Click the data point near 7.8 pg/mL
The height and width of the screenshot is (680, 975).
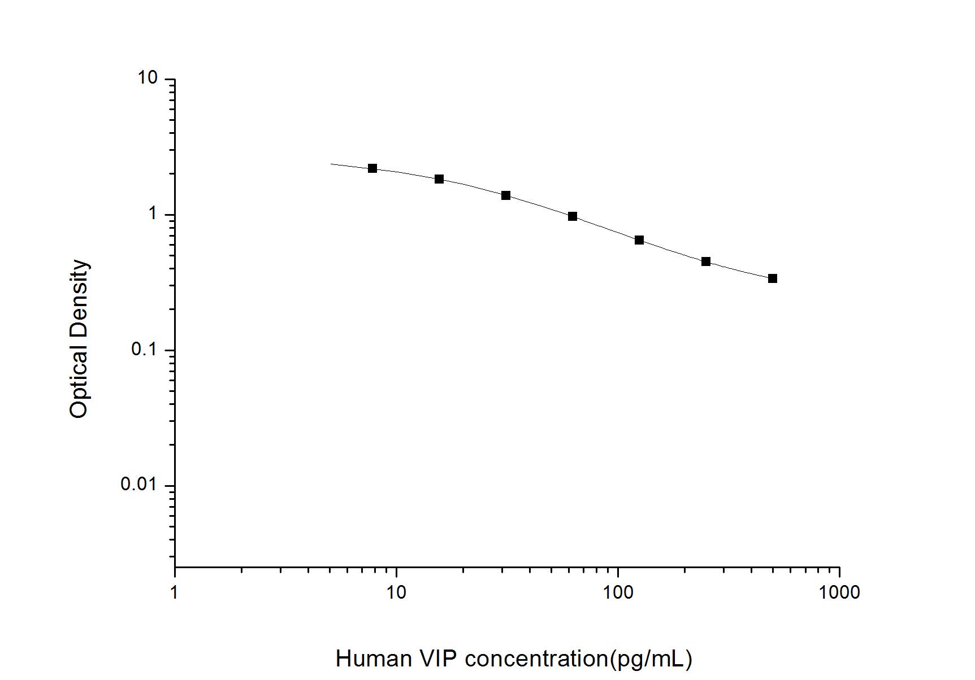point(372,168)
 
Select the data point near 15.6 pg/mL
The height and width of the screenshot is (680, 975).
point(439,179)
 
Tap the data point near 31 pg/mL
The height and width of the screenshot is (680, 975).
point(506,195)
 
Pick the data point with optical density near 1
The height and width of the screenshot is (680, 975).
point(573,216)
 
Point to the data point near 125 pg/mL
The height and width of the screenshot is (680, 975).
point(639,240)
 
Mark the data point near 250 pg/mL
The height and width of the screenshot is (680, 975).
point(706,261)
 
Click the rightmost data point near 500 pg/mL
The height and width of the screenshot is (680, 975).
point(773,278)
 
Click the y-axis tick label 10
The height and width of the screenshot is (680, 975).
point(148,79)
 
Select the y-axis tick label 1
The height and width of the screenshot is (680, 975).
point(152,214)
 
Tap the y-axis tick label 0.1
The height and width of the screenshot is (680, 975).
point(144,350)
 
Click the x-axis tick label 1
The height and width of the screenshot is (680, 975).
point(175,592)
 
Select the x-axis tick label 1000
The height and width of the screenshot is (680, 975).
point(839,592)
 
